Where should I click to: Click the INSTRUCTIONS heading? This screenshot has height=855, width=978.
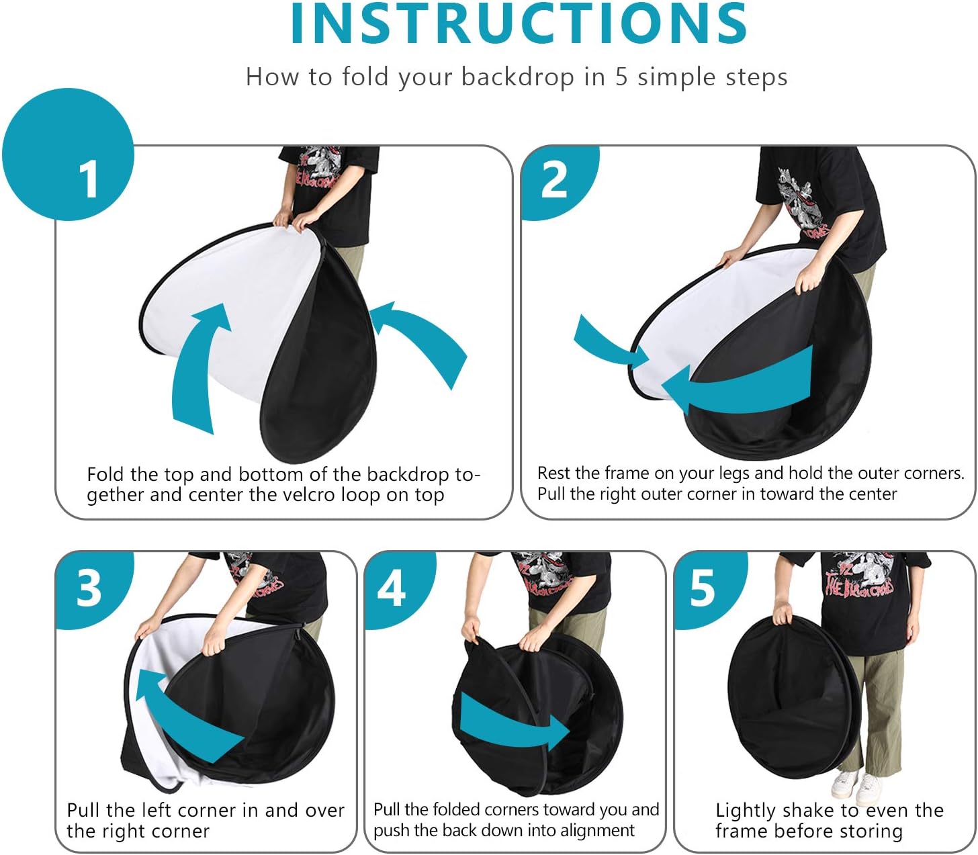[519, 24]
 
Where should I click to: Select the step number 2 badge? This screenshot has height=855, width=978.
[560, 181]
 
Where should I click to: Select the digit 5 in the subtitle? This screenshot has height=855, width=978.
[621, 77]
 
